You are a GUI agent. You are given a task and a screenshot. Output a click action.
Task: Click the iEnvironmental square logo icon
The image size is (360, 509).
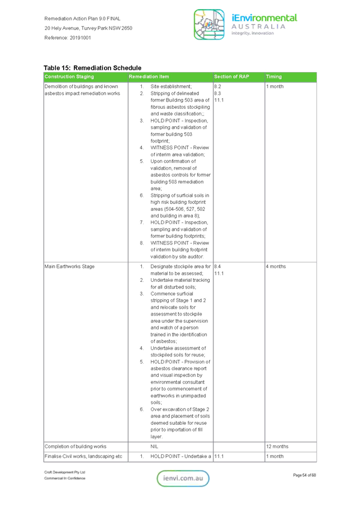(x=209, y=25)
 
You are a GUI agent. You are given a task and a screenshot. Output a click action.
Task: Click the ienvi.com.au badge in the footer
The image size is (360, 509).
(x=183, y=478)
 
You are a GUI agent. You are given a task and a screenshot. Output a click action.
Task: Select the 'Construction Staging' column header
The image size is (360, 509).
(x=69, y=76)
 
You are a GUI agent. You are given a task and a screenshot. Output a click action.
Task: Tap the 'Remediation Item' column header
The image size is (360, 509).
(x=148, y=76)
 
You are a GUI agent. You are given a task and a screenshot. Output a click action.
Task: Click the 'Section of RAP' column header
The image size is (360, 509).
(x=231, y=76)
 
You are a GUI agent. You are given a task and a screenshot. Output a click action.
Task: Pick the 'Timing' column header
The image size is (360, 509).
(x=273, y=76)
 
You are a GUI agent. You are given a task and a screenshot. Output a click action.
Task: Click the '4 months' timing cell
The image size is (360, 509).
(x=276, y=266)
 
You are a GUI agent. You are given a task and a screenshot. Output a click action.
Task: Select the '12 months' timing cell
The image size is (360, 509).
(x=277, y=447)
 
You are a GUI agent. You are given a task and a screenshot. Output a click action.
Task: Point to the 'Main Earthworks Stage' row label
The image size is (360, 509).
(x=70, y=266)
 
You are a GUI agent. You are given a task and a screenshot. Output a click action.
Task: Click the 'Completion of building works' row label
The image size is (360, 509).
(x=75, y=447)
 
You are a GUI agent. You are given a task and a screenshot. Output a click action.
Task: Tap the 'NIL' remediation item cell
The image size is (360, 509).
(x=154, y=447)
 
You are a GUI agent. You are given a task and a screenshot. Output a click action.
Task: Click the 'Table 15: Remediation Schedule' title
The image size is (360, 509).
(x=93, y=68)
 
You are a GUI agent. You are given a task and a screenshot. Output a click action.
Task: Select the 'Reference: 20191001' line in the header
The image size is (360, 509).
(x=67, y=38)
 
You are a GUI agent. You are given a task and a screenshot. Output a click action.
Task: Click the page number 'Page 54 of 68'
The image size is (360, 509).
(x=304, y=475)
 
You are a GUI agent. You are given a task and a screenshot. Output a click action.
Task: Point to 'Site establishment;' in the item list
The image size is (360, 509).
(x=171, y=87)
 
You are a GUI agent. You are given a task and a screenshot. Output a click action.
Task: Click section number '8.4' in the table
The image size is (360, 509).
(x=218, y=266)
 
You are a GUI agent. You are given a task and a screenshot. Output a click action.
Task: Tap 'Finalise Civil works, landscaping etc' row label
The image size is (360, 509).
(x=83, y=456)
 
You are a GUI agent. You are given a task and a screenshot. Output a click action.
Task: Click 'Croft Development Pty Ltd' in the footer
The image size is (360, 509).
(x=64, y=472)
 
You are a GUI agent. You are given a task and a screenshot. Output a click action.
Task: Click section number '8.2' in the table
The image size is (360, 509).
(x=218, y=87)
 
